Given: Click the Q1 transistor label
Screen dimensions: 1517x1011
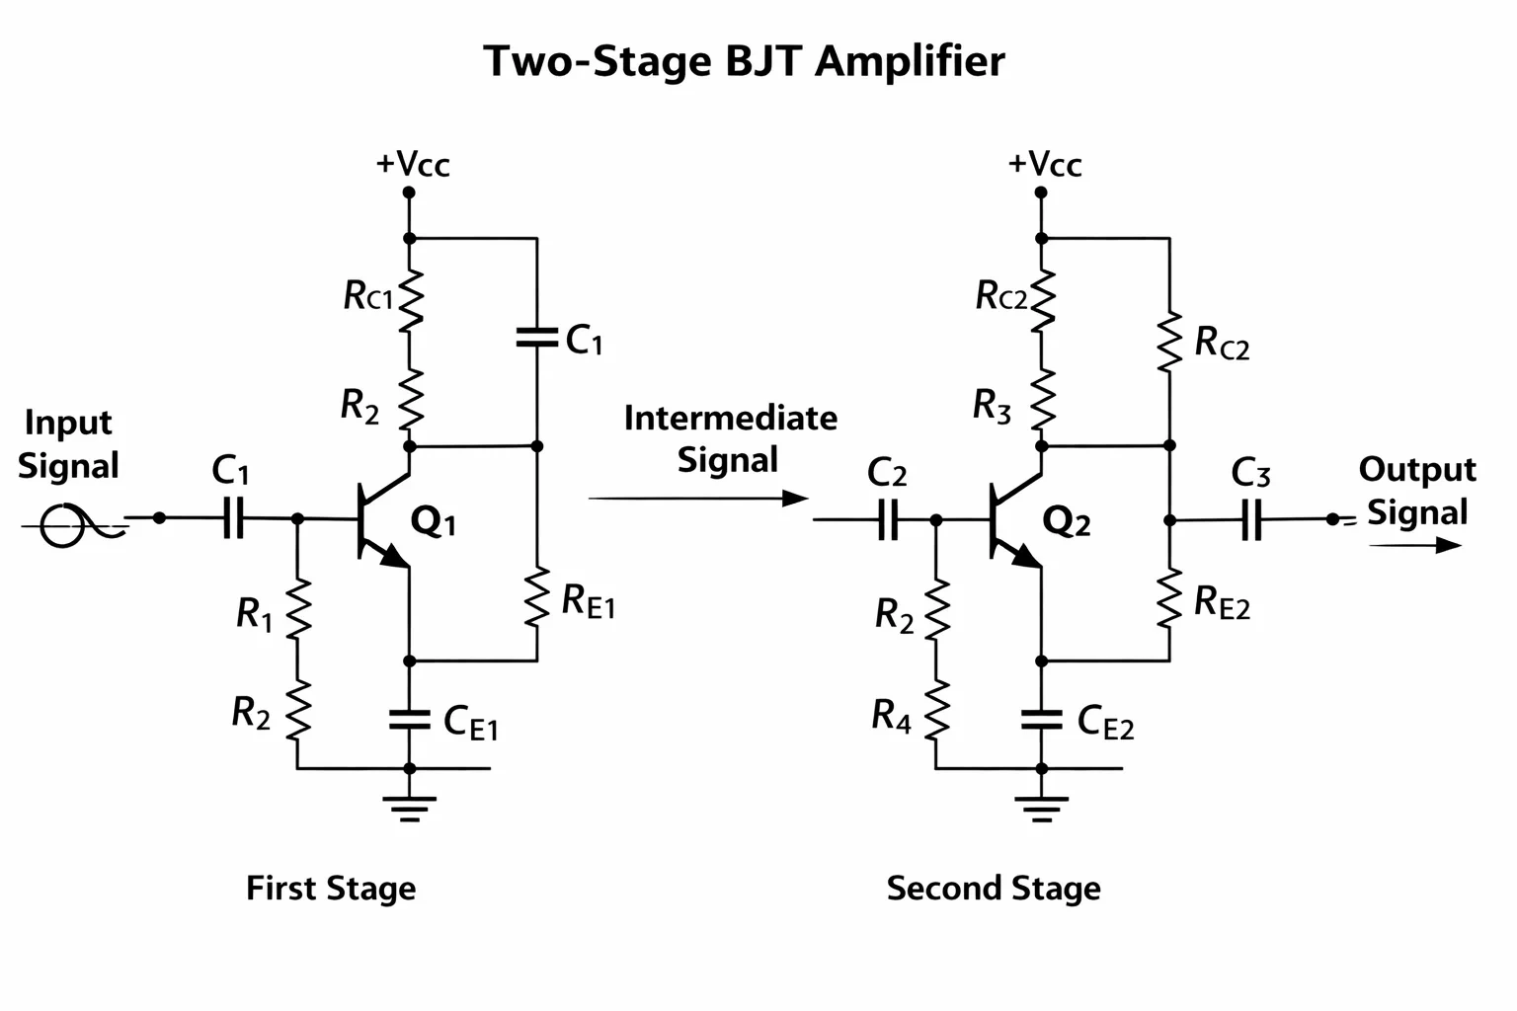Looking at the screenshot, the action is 433,521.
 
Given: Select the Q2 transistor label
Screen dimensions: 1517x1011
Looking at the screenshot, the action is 1067,521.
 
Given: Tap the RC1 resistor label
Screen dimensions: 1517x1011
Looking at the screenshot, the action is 367,295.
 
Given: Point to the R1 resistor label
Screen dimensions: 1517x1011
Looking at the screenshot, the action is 254,614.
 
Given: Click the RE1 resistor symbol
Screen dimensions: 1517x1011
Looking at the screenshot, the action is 537,597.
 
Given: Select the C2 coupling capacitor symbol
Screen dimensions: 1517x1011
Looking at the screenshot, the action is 888,519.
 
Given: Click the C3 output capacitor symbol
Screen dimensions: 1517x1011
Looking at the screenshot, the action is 1251,519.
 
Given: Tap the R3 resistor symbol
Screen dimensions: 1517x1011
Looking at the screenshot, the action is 1042,400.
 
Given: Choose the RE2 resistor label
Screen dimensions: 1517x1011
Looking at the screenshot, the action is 1222,602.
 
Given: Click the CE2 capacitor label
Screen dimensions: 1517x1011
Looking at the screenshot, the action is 1105,722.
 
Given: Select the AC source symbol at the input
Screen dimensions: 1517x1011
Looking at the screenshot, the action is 63,525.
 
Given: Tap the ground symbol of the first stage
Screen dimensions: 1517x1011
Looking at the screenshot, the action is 410,809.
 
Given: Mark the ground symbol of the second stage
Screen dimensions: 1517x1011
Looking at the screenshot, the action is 1042,809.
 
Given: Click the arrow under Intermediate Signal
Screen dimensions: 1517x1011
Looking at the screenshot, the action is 698,499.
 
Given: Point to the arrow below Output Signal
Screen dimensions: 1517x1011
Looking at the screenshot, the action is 1415,545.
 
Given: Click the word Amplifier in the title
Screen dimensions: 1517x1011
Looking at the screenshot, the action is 910,62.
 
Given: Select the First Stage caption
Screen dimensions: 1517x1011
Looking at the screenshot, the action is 331,888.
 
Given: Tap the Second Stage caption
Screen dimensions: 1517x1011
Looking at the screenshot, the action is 994,888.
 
